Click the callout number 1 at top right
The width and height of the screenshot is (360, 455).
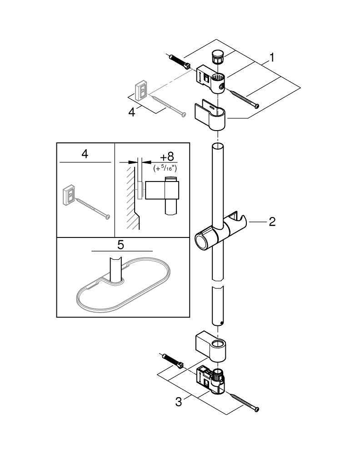(271, 58)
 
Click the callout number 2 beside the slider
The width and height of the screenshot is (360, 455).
(272, 222)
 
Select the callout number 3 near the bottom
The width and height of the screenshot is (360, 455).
(179, 402)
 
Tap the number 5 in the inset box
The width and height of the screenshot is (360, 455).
(120, 245)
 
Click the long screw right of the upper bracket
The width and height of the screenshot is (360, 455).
(245, 99)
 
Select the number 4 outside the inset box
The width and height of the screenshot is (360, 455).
(132, 111)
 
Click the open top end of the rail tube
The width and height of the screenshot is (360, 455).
(217, 146)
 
